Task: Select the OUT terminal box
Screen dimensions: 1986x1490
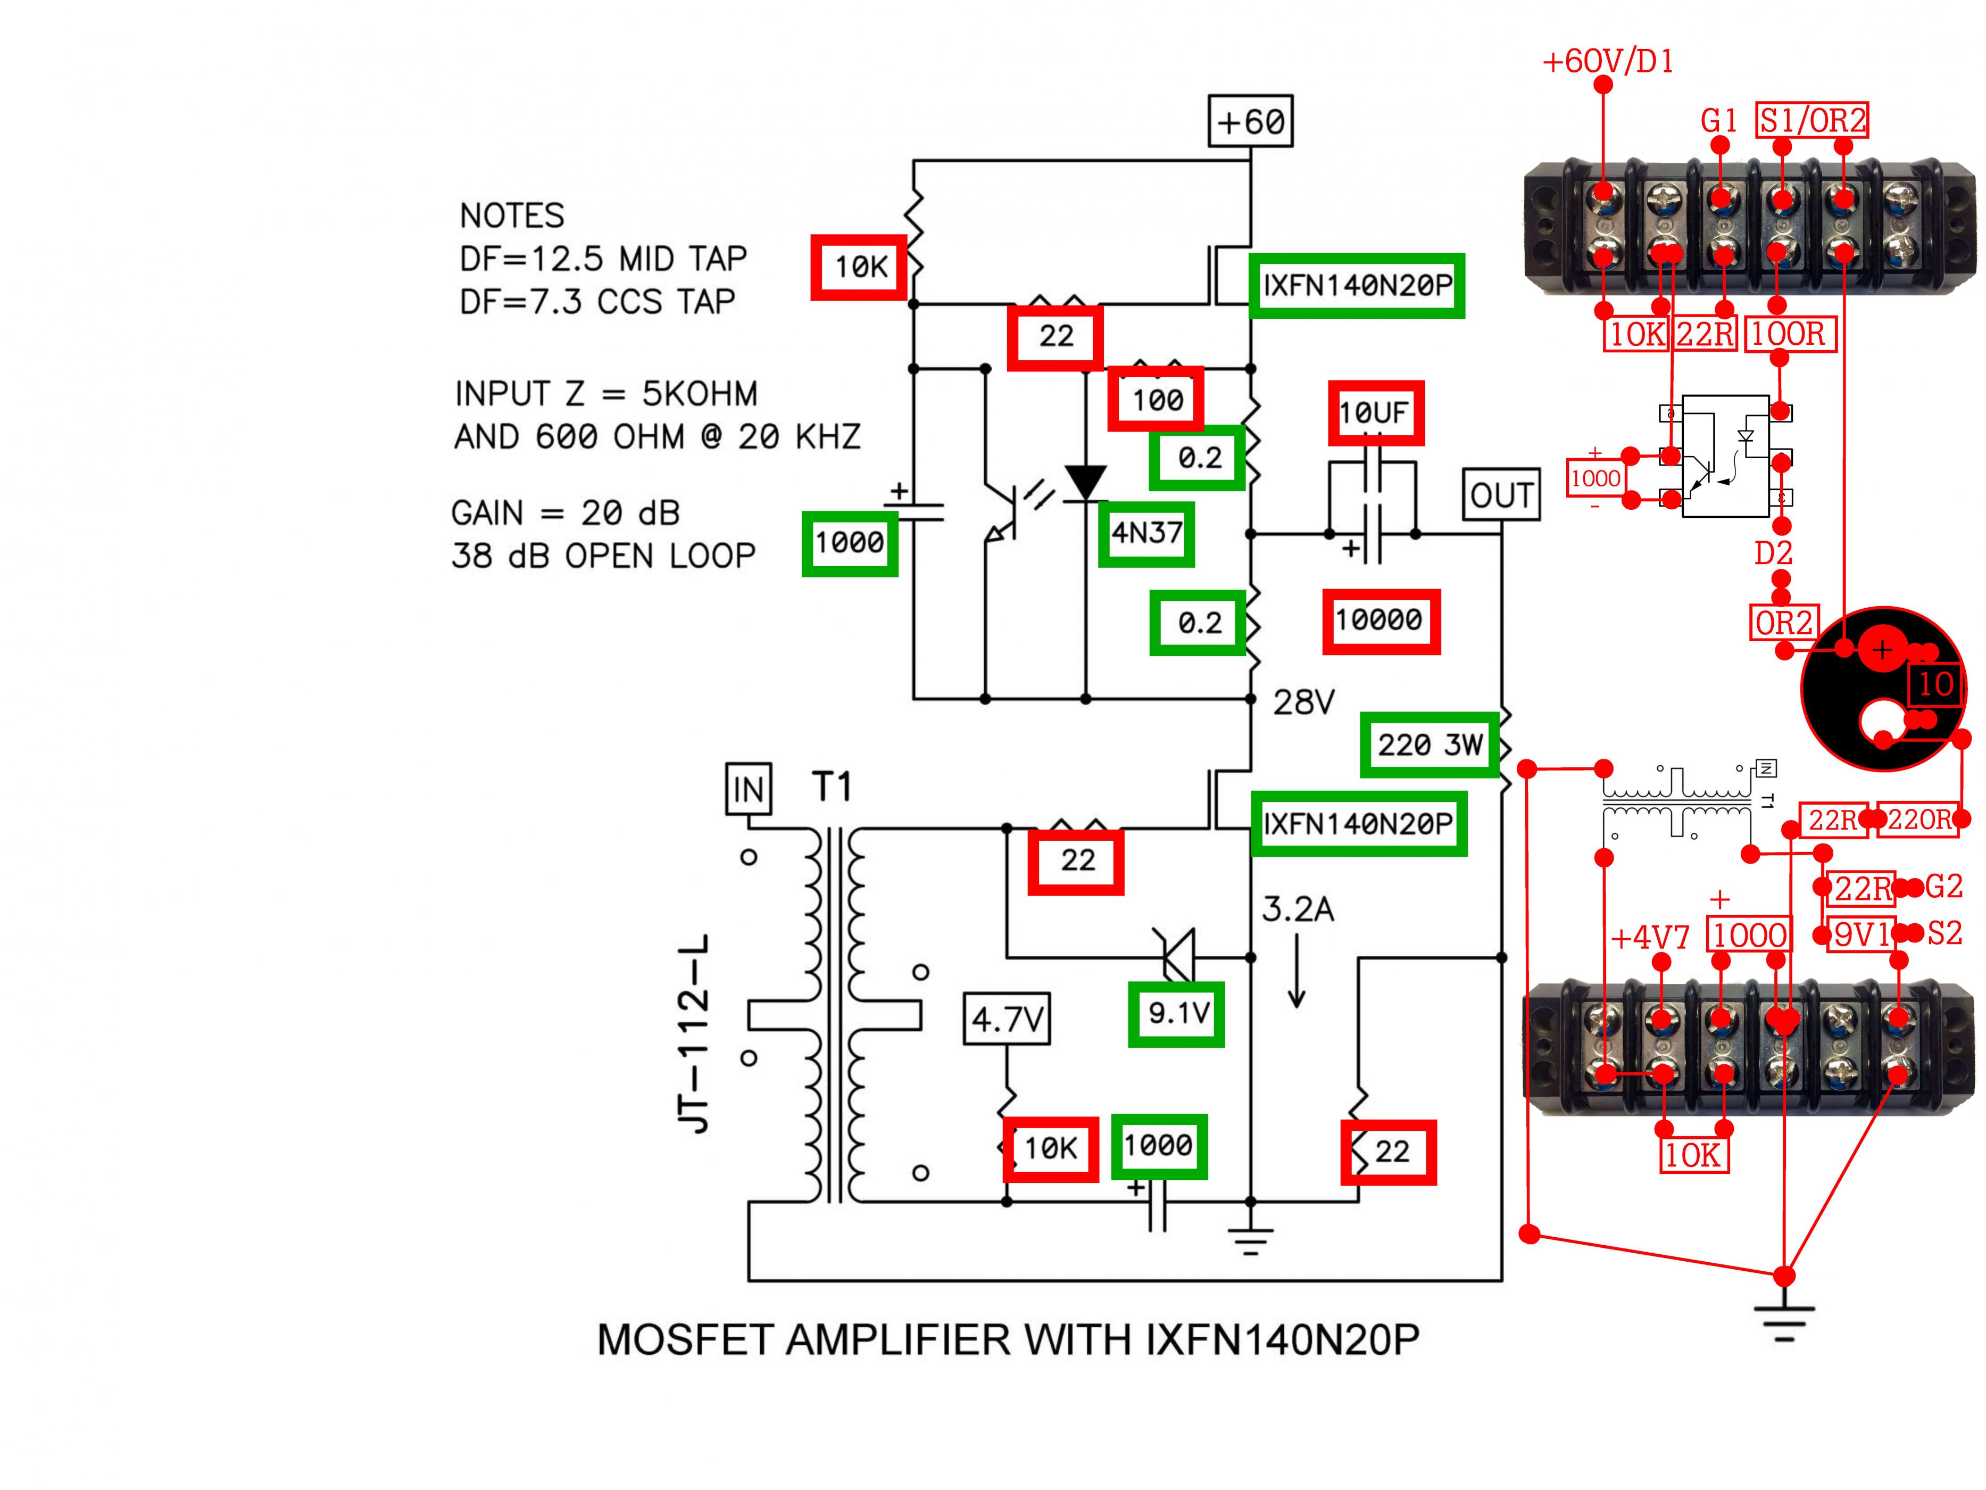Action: click(1501, 494)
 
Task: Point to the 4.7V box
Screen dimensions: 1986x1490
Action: click(1007, 1019)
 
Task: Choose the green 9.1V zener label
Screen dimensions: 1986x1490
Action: click(1176, 1014)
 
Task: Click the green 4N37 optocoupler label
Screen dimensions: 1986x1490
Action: click(1146, 534)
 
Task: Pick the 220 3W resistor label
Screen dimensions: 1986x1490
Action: click(1430, 744)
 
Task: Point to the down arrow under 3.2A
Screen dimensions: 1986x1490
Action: click(1297, 971)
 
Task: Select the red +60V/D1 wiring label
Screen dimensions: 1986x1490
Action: click(1607, 62)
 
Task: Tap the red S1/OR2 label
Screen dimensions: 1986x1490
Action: click(1812, 119)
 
